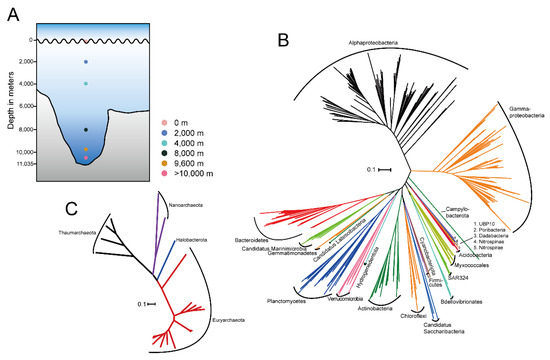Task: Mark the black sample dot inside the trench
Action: pyautogui.click(x=87, y=130)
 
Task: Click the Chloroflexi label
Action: pyautogui.click(x=441, y=315)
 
